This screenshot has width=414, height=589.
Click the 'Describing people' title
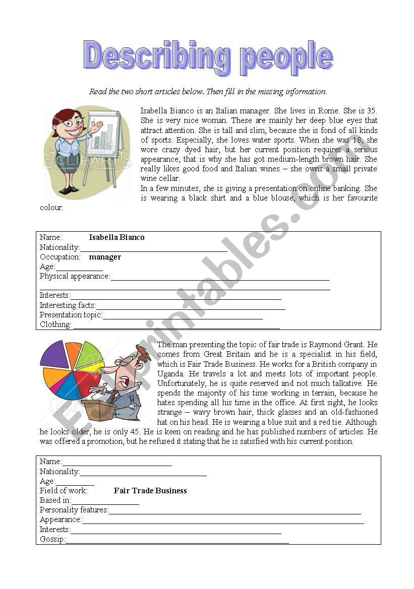208,56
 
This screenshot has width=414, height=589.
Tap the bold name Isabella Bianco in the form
116,237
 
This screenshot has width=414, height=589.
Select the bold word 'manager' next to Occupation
105,257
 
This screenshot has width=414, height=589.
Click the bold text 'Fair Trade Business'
150,491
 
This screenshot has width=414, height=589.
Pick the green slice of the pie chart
89,352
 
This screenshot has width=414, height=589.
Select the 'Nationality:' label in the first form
60,247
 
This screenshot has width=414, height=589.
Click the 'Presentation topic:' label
71,315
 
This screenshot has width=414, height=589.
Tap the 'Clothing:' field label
55,324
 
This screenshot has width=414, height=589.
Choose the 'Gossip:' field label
52,539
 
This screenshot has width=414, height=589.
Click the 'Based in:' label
55,500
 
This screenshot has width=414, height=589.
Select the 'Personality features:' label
74,510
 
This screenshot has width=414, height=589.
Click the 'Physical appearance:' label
75,276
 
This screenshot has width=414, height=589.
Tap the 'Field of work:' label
64,491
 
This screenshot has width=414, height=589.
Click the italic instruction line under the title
208,92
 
